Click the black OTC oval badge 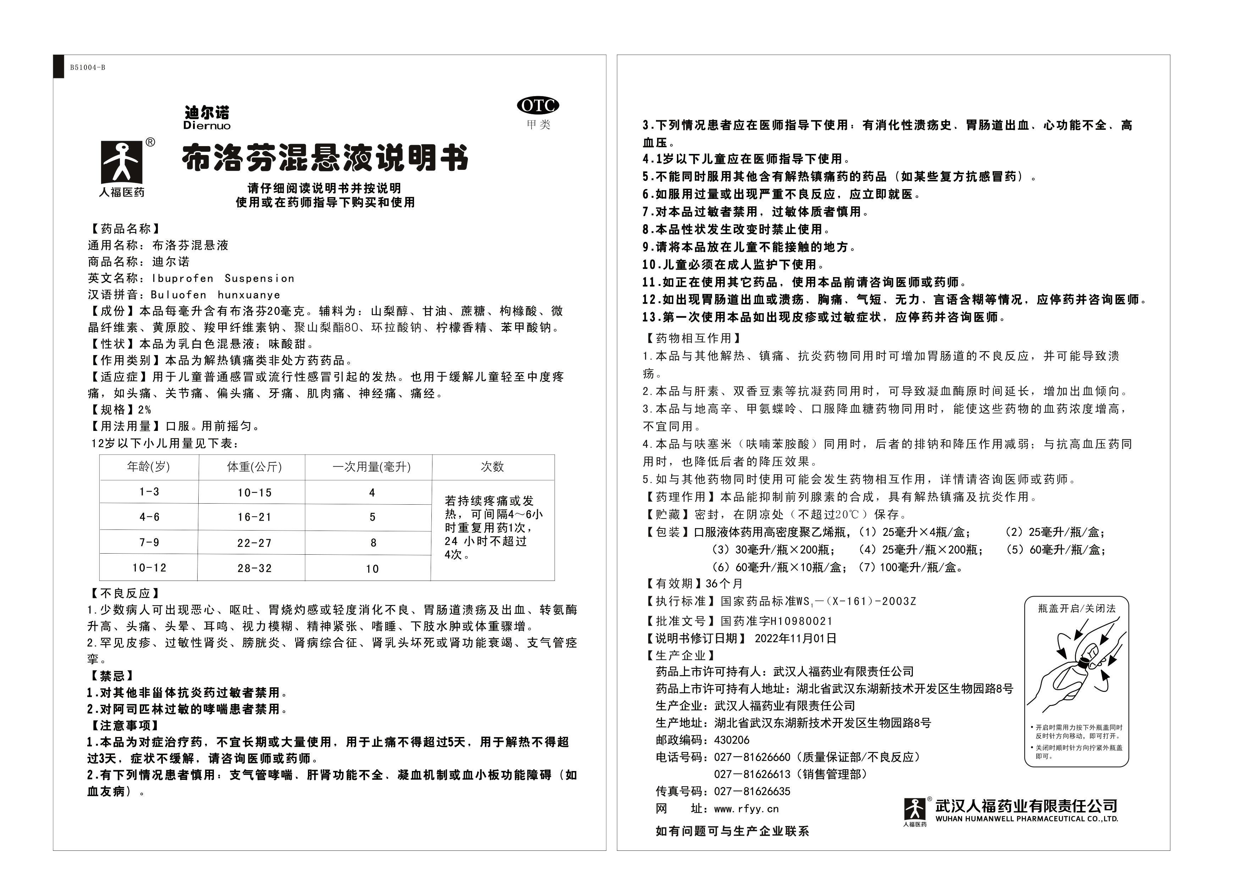coord(537,105)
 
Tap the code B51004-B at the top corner coord(87,68)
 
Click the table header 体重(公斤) coord(254,467)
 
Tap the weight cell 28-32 coord(254,568)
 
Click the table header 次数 coord(492,467)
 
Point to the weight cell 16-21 coord(254,517)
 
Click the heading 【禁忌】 coord(112,676)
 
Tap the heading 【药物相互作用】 coord(692,338)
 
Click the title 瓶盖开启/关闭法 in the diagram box coord(1076,609)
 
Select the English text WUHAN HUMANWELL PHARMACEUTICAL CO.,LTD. coord(1026,819)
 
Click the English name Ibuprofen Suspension coord(224,278)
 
